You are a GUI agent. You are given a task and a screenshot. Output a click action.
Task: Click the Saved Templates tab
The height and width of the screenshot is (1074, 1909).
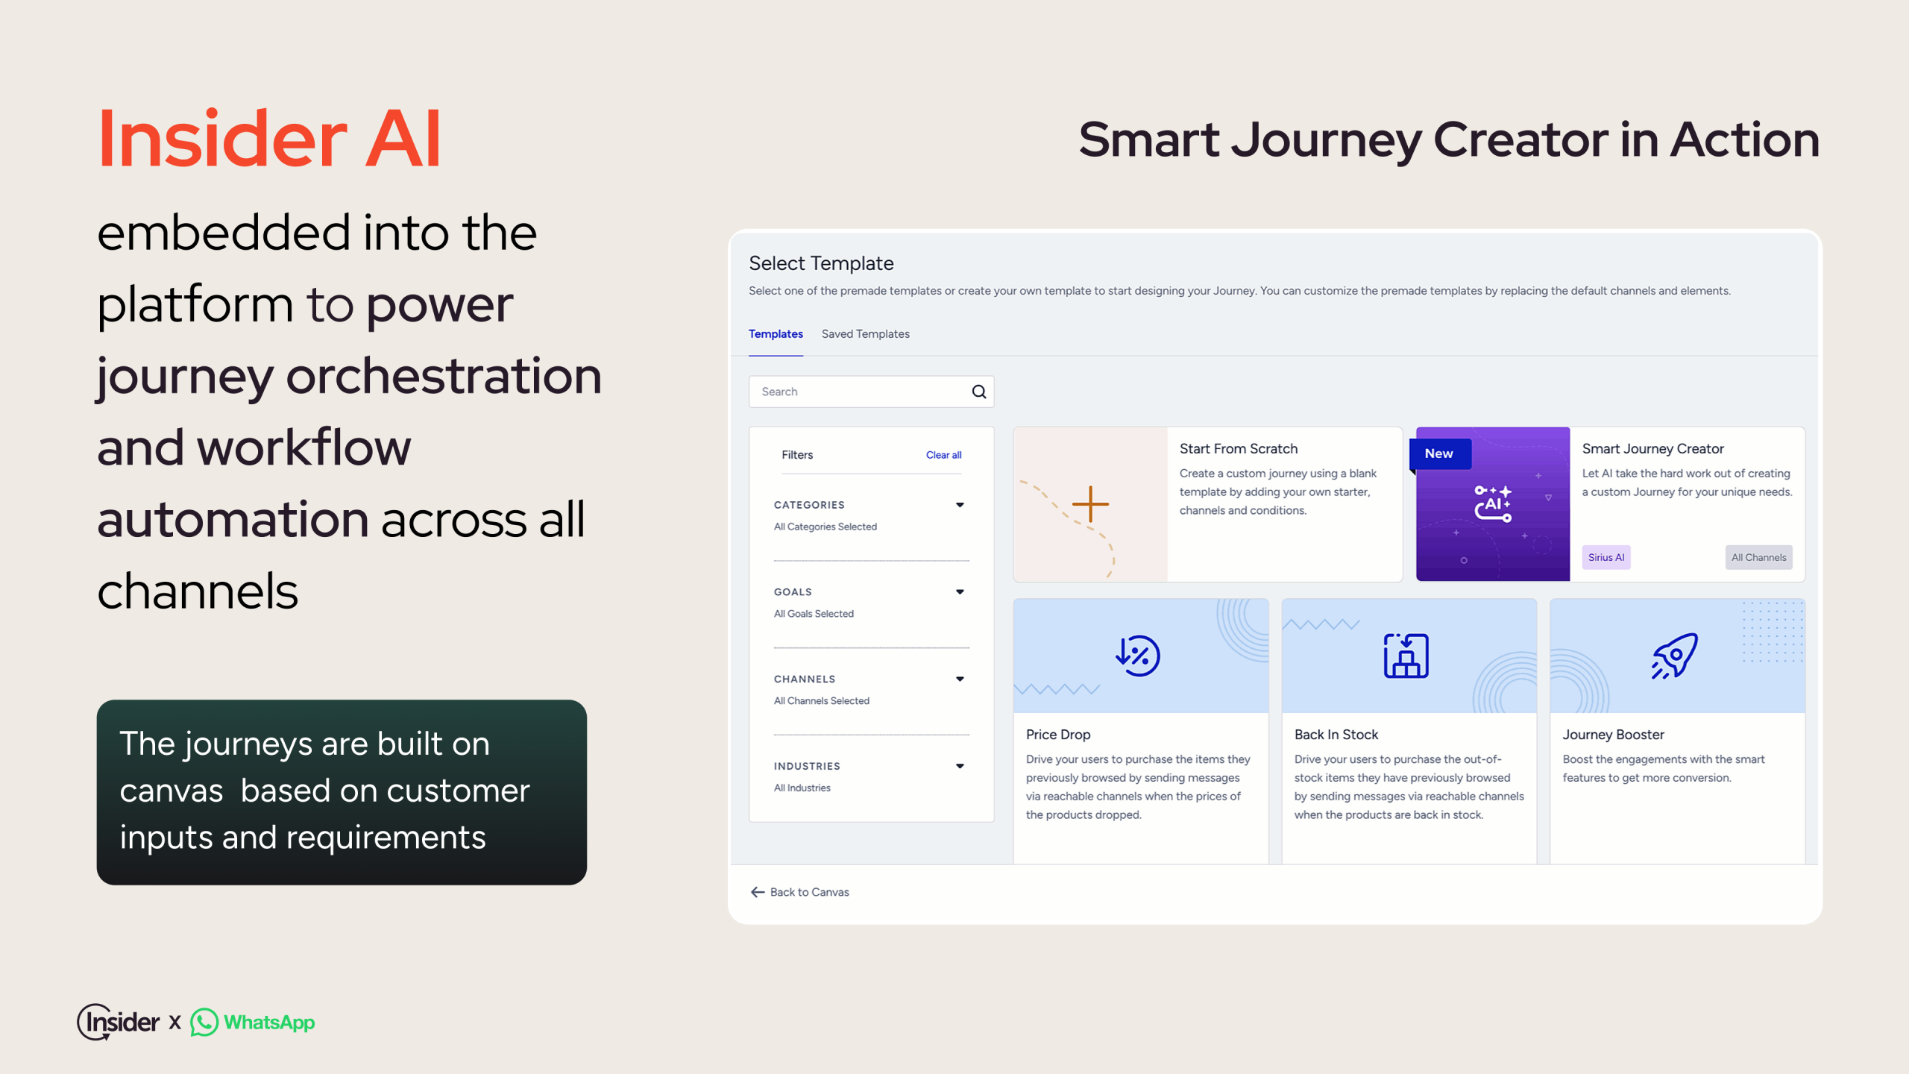click(865, 333)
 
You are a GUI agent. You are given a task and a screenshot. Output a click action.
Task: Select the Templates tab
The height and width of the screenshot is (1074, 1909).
click(776, 333)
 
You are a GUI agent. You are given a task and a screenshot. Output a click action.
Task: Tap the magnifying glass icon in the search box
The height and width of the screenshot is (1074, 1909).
click(979, 392)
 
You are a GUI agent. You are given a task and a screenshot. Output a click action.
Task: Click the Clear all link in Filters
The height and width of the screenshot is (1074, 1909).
click(943, 455)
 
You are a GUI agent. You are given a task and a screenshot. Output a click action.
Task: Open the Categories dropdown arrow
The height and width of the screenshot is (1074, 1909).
click(960, 505)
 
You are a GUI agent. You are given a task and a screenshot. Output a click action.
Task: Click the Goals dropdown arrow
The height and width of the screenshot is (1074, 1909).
click(960, 592)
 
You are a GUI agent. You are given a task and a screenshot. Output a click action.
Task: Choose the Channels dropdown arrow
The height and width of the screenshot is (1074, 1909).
click(960, 679)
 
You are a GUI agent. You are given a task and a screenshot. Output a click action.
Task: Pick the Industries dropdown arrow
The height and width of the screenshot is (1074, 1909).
click(960, 766)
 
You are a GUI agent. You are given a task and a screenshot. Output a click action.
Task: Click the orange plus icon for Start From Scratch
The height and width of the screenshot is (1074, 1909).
click(1090, 504)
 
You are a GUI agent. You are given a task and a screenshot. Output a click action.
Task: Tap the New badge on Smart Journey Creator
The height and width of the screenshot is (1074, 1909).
click(1439, 453)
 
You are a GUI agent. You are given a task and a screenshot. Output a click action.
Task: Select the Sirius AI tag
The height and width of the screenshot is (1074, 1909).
click(1606, 557)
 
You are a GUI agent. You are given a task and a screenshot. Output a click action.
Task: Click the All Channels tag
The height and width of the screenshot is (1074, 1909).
click(1758, 557)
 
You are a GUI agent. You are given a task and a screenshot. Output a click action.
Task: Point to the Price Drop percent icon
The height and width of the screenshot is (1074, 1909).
click(1138, 656)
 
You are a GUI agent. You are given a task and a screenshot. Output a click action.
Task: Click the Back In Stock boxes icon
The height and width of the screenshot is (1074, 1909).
click(1406, 656)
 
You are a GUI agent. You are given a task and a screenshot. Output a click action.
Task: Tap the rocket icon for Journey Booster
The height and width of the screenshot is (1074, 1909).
click(1675, 656)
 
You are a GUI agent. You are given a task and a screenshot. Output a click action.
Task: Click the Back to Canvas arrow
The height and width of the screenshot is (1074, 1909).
click(758, 892)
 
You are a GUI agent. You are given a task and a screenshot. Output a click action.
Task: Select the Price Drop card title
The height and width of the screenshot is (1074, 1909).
click(1058, 735)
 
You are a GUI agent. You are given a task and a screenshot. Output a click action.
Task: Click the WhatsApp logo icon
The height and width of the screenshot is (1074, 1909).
click(204, 1023)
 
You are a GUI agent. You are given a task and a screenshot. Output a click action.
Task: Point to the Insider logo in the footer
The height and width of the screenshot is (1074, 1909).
click(119, 1022)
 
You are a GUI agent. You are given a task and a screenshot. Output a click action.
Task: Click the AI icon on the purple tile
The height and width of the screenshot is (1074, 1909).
click(1493, 503)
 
